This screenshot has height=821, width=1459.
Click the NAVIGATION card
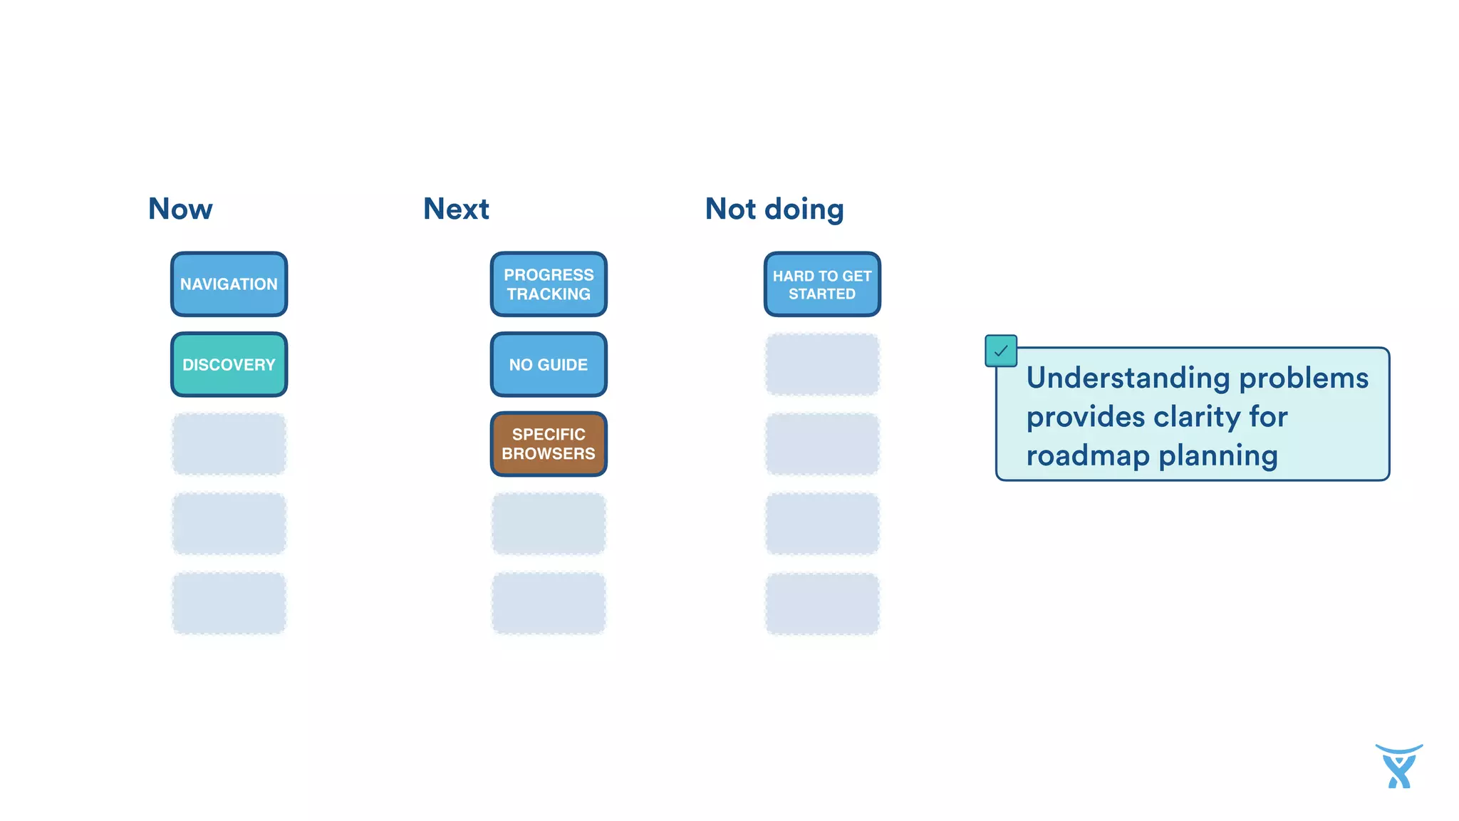pos(229,284)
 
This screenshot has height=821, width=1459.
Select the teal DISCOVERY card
pos(229,364)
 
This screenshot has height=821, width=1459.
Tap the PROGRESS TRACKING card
pos(549,284)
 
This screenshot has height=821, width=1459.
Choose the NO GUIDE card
pos(549,364)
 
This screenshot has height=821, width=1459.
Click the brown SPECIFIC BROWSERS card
pos(549,444)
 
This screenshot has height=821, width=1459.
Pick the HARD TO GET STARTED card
pos(822,284)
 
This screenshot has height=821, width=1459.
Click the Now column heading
pos(180,209)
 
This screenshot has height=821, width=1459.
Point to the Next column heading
pos(456,209)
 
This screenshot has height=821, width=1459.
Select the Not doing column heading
pos(774,209)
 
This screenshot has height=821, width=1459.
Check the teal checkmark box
pos(1000,351)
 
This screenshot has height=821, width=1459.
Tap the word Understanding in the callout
pos(1128,378)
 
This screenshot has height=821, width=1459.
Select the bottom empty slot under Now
pos(229,603)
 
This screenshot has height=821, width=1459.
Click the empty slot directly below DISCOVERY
pos(229,444)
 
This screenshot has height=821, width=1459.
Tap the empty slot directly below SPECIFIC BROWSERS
pos(549,524)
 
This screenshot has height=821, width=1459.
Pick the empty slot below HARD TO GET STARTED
pos(822,364)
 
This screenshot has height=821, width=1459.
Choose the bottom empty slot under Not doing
pos(822,603)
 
